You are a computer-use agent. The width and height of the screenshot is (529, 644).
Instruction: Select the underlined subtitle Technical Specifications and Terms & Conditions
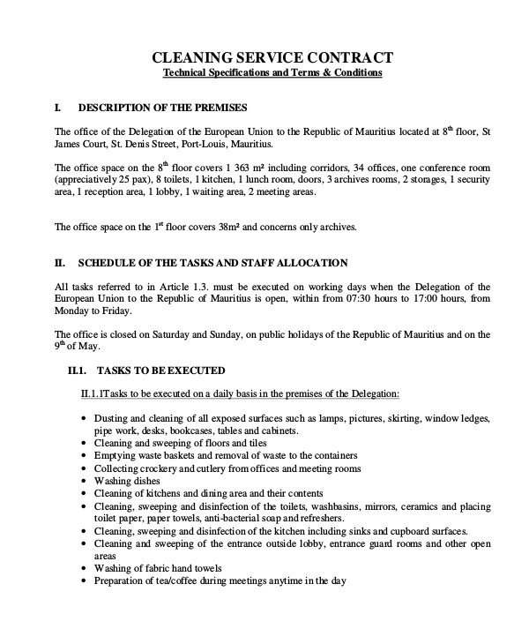click(272, 72)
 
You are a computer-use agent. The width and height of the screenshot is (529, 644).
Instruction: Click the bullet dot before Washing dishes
click(83, 481)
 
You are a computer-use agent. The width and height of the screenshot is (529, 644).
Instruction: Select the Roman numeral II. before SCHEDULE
click(61, 263)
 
